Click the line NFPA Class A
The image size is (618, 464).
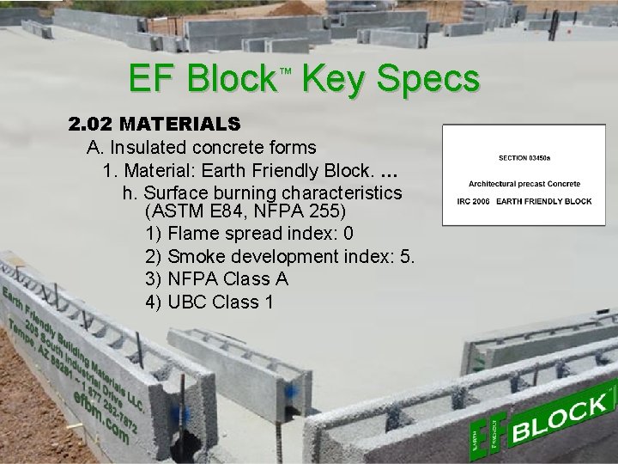(217, 279)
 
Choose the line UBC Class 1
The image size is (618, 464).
(210, 302)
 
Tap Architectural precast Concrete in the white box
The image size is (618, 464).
(524, 183)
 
